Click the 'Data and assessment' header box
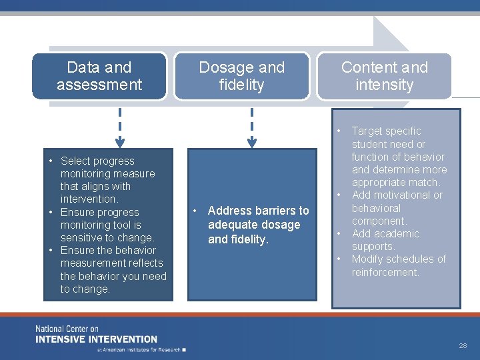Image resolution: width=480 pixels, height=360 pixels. [x=99, y=76]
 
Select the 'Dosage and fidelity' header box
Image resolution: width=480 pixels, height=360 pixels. [x=241, y=76]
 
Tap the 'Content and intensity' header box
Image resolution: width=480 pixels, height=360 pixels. [x=384, y=76]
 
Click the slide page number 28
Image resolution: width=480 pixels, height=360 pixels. [x=463, y=345]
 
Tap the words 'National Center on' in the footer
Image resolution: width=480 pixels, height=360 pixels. [x=67, y=329]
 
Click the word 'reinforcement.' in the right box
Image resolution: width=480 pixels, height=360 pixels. [x=385, y=272]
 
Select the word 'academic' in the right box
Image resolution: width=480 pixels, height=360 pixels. [x=397, y=233]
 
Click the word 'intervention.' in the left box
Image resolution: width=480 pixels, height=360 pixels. [x=89, y=199]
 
